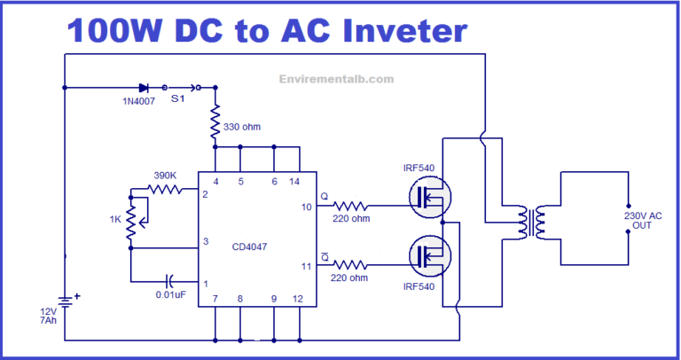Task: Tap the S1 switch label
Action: coord(178,99)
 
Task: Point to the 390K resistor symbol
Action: coord(166,189)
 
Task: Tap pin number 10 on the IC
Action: coord(306,207)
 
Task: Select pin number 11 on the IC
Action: coord(306,265)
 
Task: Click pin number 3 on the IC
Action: coord(206,240)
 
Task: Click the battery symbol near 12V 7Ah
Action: coord(65,301)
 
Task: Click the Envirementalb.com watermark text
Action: coord(335,79)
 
